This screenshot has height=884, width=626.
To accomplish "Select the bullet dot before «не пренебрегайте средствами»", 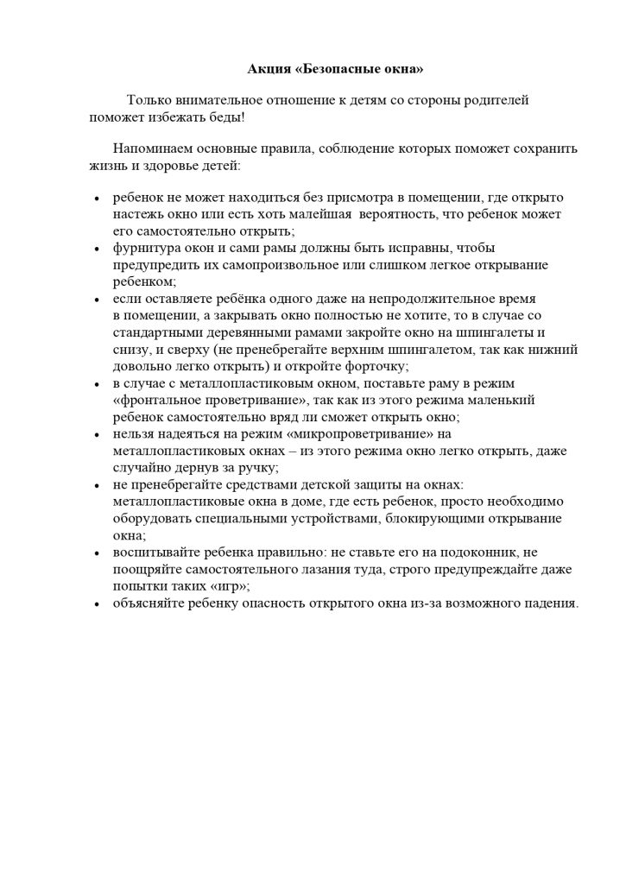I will (x=95, y=486).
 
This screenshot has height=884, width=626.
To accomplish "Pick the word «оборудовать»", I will (x=149, y=518).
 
